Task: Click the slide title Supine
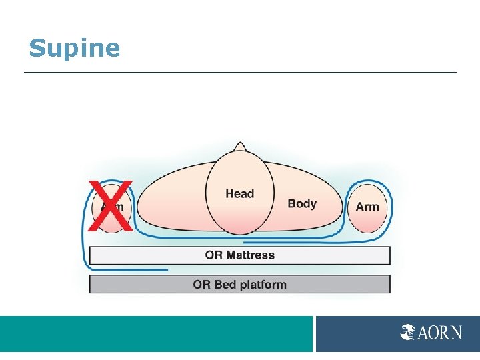tap(74, 49)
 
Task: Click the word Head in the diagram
tap(239, 194)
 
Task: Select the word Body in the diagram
tap(301, 203)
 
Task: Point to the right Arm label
tap(367, 207)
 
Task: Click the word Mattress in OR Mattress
tap(250, 255)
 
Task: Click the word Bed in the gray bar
tap(225, 285)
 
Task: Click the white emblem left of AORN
tap(408, 332)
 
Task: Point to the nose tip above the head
tap(239, 145)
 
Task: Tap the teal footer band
tap(156, 333)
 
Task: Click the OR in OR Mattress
tap(213, 255)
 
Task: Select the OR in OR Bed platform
tap(201, 285)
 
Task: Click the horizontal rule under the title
tap(240, 72)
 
